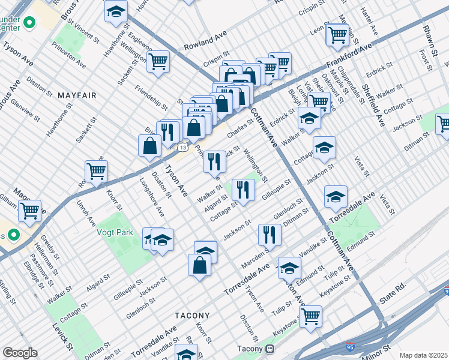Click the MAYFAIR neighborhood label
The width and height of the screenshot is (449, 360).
click(x=73, y=95)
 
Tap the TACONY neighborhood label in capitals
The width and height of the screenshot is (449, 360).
click(x=192, y=316)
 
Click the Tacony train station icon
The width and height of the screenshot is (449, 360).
click(x=270, y=349)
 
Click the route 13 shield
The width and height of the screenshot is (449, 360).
click(x=182, y=146)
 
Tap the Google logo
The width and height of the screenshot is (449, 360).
click(x=20, y=352)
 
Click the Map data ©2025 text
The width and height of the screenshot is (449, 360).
click(x=423, y=355)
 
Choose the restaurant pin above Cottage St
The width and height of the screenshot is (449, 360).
click(x=243, y=190)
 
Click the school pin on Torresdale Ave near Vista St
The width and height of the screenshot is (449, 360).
click(x=336, y=196)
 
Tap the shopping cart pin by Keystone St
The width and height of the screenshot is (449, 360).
click(x=310, y=316)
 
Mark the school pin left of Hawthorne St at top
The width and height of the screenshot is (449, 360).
click(x=116, y=11)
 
